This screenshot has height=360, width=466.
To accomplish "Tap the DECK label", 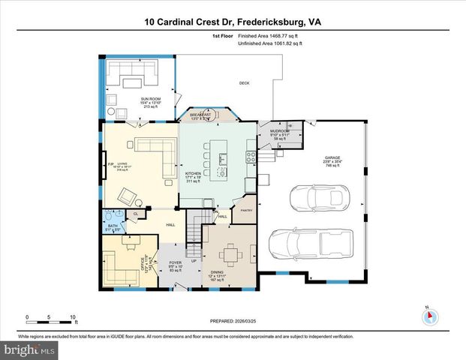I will pyautogui.click(x=244, y=82).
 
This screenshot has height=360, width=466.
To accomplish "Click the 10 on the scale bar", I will pyautogui.click(x=73, y=316).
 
